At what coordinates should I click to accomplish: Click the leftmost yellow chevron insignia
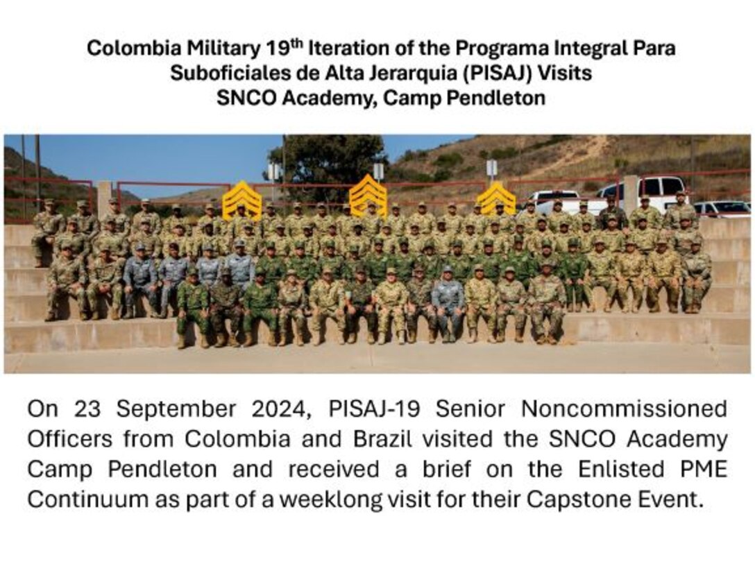(x=242, y=200)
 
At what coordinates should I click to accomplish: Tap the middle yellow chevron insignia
(x=368, y=195)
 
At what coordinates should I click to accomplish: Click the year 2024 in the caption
(x=278, y=409)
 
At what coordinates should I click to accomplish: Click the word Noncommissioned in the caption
(x=624, y=409)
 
